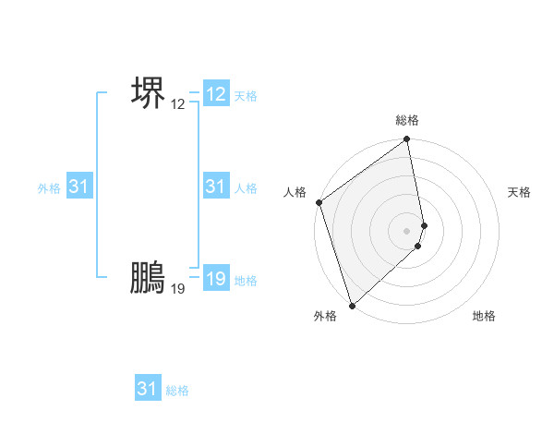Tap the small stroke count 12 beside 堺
178,104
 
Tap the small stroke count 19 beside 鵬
178,289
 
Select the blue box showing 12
216,94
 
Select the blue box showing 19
216,279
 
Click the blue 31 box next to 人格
216,187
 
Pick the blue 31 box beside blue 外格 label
79,187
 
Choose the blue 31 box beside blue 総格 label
147,389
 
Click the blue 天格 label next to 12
246,96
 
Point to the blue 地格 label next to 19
246,281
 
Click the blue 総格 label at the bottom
177,391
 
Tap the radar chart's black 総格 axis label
407,120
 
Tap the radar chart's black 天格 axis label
520,192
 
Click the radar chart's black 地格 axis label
484,316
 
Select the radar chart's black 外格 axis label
325,316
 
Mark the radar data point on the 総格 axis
407,140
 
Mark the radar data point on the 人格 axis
319,202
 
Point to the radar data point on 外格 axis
352,305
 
